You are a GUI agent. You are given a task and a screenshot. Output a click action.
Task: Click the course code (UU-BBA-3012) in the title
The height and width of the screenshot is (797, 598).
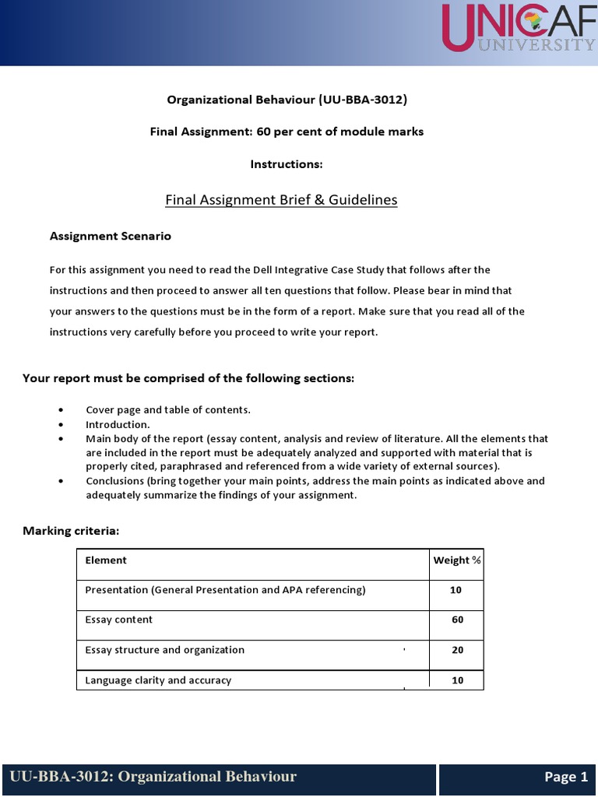[362, 100]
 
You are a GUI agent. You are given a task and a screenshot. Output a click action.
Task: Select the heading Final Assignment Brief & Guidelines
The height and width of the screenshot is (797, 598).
[281, 200]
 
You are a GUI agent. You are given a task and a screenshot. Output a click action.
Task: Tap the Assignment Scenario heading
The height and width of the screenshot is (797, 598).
[111, 236]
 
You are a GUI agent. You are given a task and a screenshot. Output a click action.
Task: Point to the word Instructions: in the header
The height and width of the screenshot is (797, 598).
[286, 164]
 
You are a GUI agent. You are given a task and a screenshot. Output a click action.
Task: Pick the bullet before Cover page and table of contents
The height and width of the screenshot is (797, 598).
[62, 410]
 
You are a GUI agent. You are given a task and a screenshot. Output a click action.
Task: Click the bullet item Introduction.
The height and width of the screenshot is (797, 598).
[118, 425]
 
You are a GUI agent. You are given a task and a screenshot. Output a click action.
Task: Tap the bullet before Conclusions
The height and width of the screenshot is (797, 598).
[62, 481]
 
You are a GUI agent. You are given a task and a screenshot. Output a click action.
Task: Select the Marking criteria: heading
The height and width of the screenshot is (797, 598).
[71, 531]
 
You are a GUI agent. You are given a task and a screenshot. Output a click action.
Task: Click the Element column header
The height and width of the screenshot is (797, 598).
[106, 560]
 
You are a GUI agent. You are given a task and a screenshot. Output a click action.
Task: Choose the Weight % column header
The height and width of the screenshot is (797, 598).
[456, 560]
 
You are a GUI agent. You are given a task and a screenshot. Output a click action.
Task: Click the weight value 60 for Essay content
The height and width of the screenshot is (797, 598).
[457, 620]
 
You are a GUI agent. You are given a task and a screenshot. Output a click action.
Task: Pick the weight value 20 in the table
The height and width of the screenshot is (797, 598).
[457, 651]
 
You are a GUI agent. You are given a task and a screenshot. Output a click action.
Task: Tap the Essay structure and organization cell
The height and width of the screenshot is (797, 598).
[164, 650]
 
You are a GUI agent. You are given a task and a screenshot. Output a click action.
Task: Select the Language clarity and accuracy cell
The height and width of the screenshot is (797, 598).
[158, 680]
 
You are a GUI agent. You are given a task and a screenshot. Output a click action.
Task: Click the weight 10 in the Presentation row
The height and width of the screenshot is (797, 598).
[456, 590]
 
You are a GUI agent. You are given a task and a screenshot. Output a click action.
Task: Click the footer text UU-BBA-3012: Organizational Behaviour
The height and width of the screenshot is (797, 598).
[153, 777]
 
